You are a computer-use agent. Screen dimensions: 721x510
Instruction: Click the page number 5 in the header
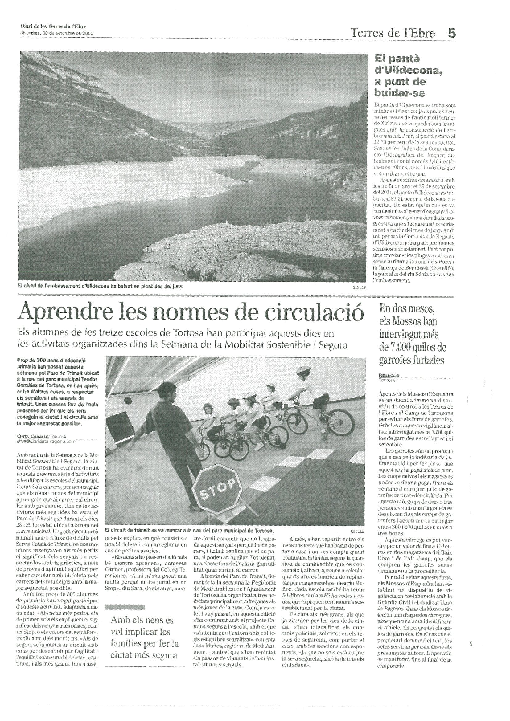click(451, 33)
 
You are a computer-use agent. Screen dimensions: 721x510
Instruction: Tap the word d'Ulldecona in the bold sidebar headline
click(408, 71)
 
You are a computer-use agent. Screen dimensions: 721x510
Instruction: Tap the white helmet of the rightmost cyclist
click(301, 370)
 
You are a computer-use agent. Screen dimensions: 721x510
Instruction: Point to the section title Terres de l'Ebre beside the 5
click(392, 33)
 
